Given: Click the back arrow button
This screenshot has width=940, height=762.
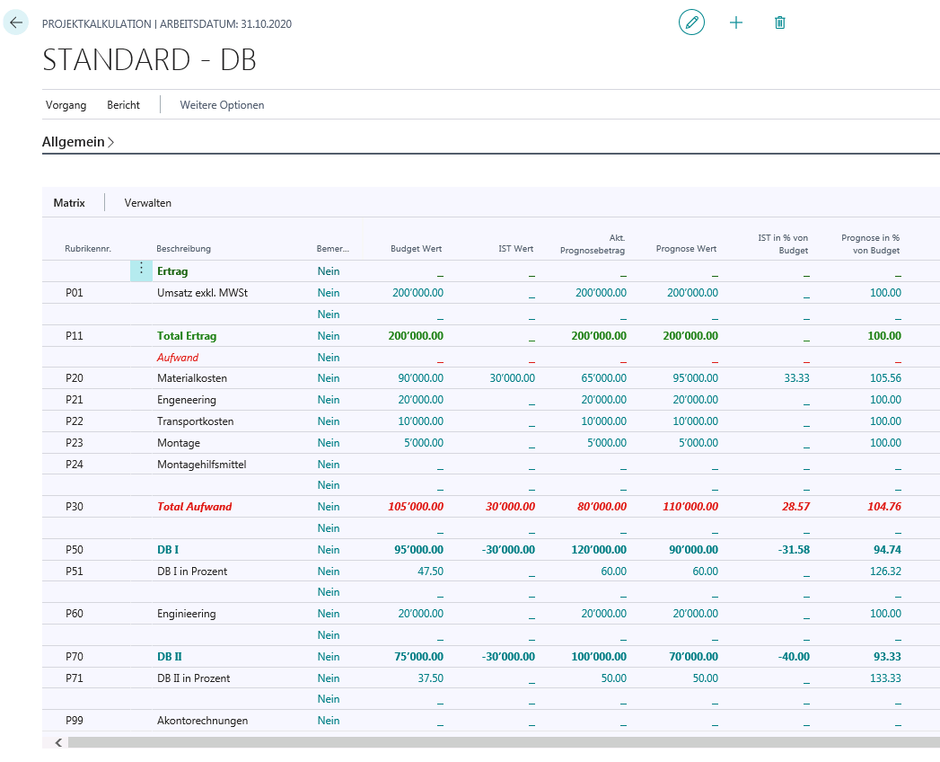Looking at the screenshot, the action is coord(15,22).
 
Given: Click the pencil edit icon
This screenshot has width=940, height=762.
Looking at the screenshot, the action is coord(691,22).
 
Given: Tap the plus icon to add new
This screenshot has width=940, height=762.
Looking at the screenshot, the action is coord(735,22).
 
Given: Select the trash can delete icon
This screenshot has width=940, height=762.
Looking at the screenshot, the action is coord(779,22).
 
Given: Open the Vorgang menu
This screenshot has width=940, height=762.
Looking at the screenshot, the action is coord(66,105).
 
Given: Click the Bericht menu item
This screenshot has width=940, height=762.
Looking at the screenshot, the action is coord(124,105).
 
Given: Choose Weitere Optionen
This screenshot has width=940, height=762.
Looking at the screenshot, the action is coord(222,105).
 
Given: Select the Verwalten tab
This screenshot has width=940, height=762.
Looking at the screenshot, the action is coord(147,203).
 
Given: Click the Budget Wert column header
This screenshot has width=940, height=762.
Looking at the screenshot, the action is coord(416,248).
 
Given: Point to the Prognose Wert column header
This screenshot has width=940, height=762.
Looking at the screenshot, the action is coord(686,248).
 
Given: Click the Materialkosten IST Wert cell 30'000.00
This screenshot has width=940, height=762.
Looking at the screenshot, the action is coord(512,378).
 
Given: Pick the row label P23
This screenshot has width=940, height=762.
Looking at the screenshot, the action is coord(75,443).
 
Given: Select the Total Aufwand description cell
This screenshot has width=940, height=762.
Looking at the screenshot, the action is coord(194,507).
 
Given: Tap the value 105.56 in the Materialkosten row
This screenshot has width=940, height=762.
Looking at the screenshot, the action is coord(885,378).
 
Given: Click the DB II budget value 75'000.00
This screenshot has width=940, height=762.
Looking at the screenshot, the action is coord(418,656).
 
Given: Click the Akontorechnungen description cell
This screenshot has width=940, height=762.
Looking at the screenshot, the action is coord(202,721).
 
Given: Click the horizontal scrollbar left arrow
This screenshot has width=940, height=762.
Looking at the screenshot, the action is coord(58,743).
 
